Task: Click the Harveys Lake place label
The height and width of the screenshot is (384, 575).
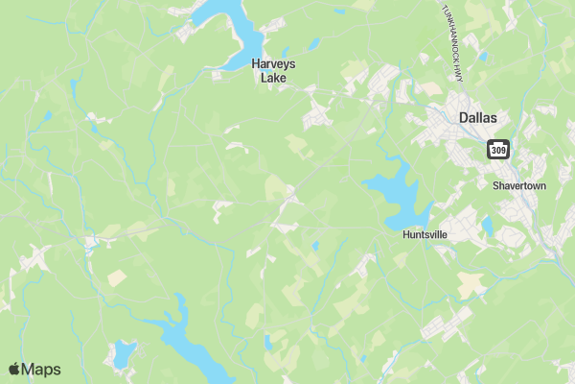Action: (273, 71)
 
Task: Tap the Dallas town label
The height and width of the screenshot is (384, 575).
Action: (478, 117)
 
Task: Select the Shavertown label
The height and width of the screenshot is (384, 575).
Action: (518, 185)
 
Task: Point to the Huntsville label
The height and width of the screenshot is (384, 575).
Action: (425, 233)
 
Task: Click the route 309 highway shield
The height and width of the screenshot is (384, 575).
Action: (497, 150)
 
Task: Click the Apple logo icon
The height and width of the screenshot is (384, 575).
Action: (14, 369)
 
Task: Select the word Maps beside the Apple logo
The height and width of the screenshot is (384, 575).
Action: (41, 369)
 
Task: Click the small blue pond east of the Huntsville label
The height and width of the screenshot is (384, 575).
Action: (488, 227)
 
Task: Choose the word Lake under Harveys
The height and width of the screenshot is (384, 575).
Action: (273, 78)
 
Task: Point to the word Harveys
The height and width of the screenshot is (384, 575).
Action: (273, 64)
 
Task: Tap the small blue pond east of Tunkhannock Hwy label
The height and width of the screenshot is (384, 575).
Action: (482, 56)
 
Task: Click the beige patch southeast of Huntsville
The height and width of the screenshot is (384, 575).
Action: (471, 284)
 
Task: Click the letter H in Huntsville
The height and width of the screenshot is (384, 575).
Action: (405, 233)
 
